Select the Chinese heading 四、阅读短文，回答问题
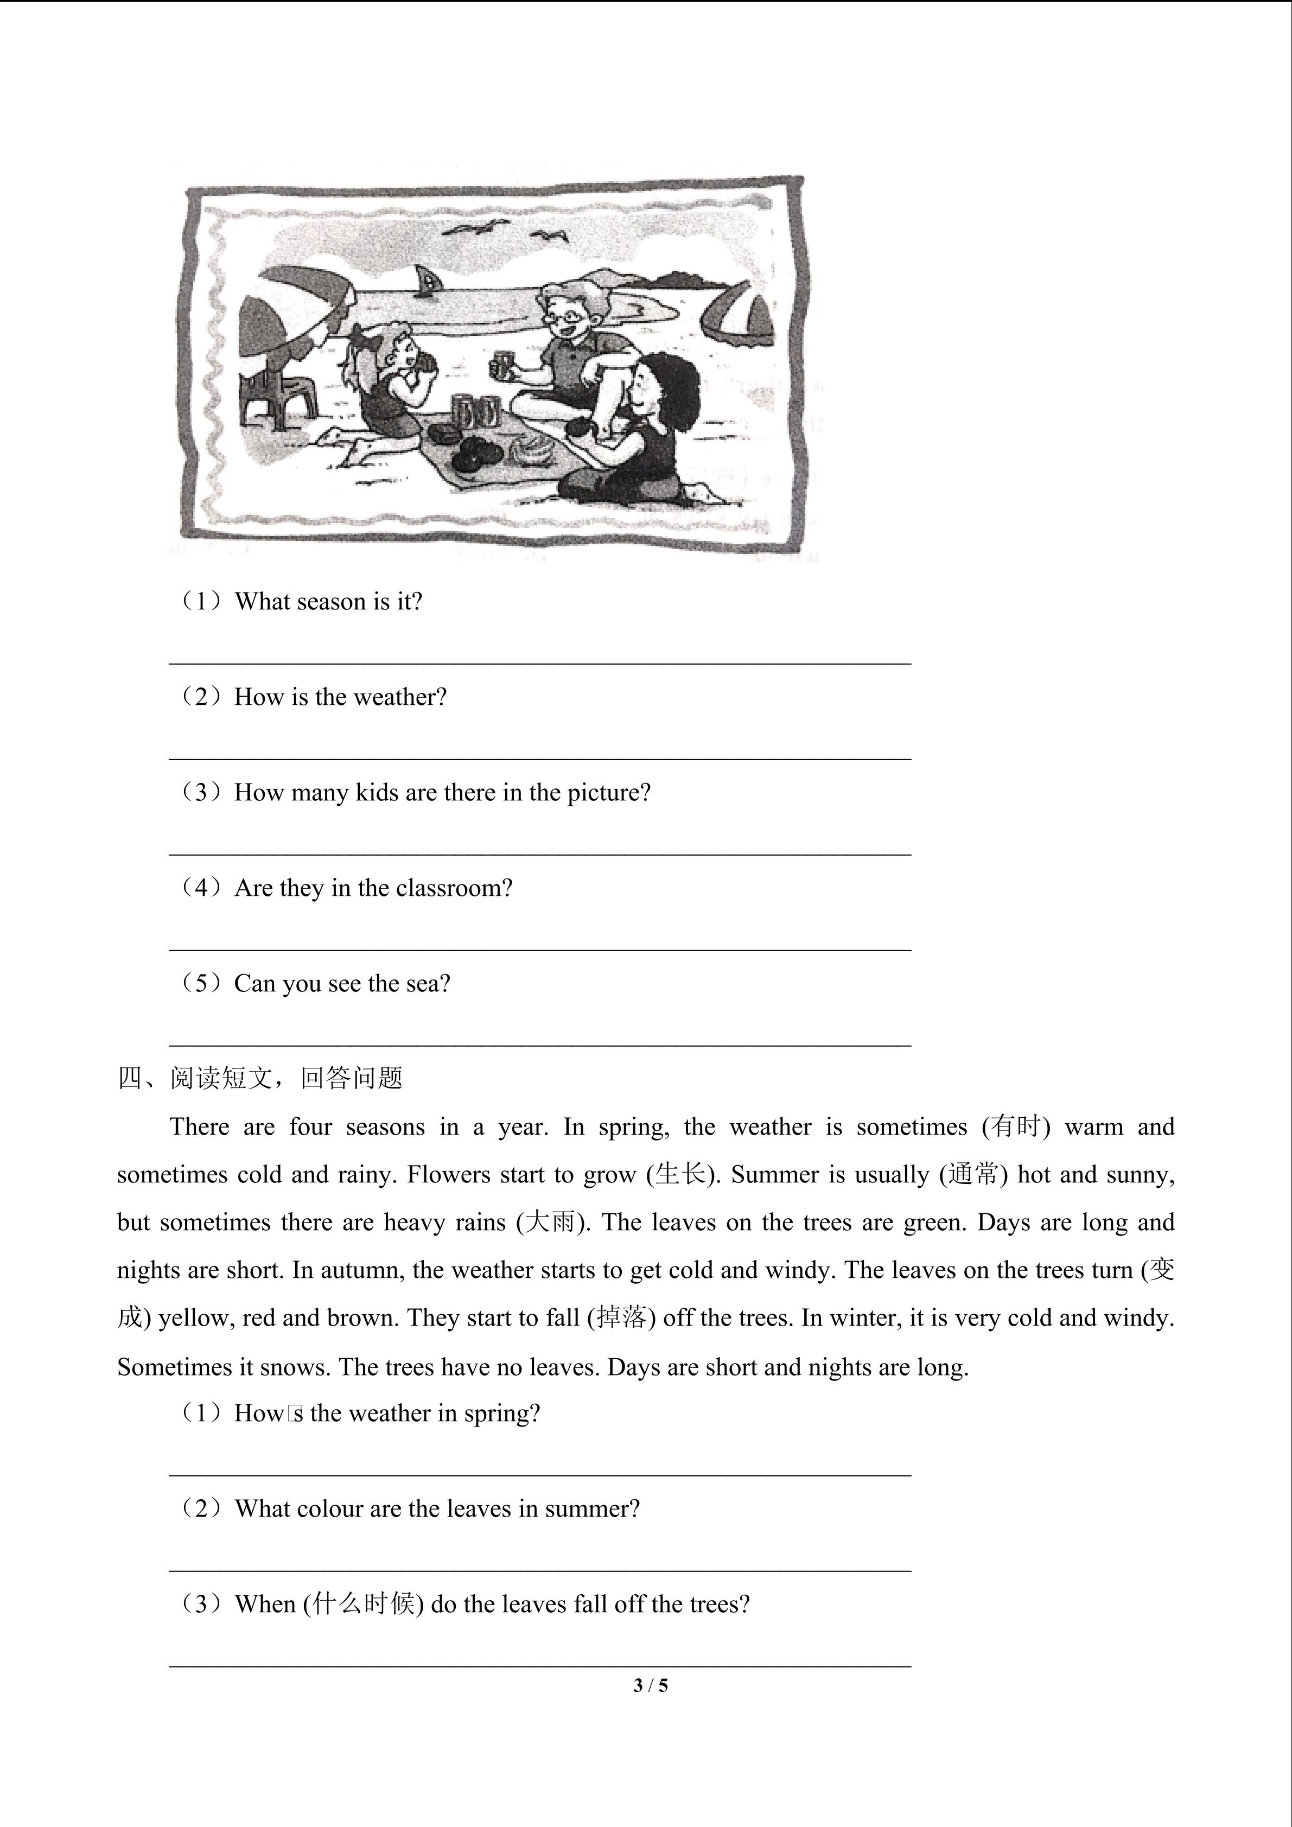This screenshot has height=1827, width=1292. (260, 1078)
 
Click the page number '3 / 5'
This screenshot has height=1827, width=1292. (651, 1685)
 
